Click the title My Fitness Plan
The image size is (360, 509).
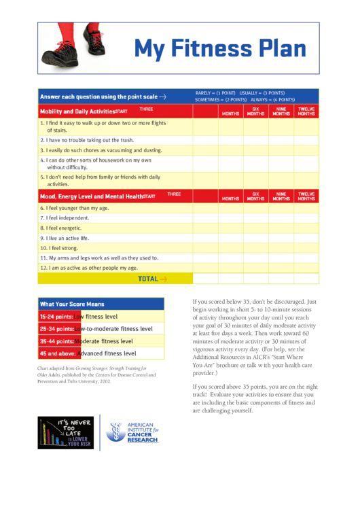coord(219,49)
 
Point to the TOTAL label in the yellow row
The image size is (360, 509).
coord(148,279)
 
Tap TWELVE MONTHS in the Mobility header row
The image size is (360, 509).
coord(306,111)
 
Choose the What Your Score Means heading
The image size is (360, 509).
coord(72,304)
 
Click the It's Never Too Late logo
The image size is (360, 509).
coord(66,432)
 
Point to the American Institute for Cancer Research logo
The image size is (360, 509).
coord(133,432)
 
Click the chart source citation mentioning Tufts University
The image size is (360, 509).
coord(96,374)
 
